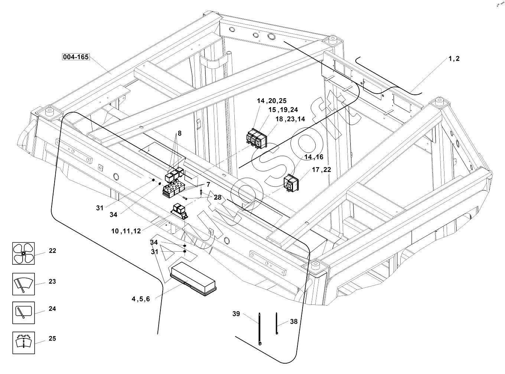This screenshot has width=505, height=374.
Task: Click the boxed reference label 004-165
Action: tap(76, 57)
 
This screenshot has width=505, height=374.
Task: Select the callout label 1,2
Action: tap(454, 59)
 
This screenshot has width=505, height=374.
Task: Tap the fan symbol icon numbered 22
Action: tap(23, 253)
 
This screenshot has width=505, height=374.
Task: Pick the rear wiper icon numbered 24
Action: tap(23, 313)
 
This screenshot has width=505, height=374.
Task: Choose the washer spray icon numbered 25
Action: tap(23, 342)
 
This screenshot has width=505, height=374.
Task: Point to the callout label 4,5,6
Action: tap(140, 299)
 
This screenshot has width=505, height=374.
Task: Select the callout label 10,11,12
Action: tap(126, 231)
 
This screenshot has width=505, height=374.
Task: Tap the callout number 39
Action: tap(236, 314)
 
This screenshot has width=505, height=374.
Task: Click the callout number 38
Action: tap(294, 322)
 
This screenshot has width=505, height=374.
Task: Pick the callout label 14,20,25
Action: tap(271, 101)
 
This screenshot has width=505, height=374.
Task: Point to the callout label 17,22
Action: tap(321, 170)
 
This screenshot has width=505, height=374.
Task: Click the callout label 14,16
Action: tap(314, 157)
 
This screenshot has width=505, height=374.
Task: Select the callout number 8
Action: tap(179, 133)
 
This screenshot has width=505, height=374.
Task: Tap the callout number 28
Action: tap(218, 197)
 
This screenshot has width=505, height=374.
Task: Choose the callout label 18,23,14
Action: tap(290, 119)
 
